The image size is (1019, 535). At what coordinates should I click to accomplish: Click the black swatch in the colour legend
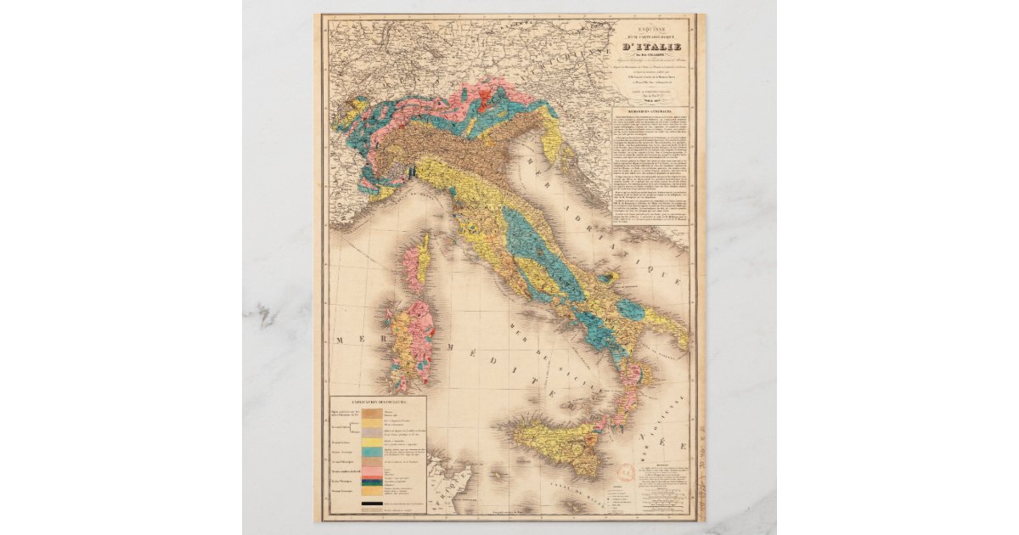tap(371, 506)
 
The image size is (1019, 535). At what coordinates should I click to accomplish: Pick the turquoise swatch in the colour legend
tap(371, 453)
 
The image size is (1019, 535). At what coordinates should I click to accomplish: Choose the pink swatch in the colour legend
tap(371, 470)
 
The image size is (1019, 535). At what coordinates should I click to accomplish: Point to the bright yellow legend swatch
tap(371, 442)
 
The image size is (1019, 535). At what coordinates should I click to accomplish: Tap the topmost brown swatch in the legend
tap(371, 411)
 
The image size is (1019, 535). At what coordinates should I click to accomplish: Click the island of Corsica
tap(416, 264)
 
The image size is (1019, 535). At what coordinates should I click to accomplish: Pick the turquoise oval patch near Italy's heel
tap(630, 309)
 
